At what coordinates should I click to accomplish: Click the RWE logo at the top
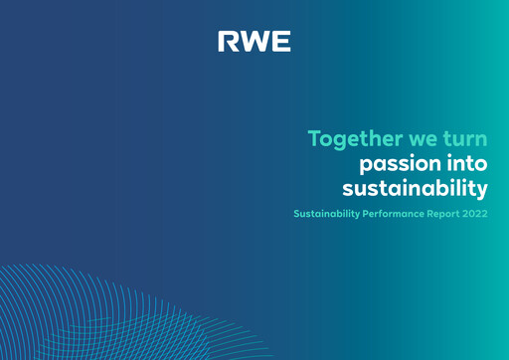tap(254, 42)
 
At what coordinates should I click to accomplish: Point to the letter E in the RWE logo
tap(281, 42)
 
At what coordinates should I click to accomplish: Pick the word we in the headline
tap(423, 139)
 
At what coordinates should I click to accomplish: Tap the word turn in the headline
tap(467, 138)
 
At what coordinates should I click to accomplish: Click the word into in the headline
tap(466, 162)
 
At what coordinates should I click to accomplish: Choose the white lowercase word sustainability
tap(415, 187)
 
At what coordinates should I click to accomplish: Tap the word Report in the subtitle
tap(448, 214)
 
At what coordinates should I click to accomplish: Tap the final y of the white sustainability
tap(482, 189)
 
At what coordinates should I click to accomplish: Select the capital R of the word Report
tap(435, 214)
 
